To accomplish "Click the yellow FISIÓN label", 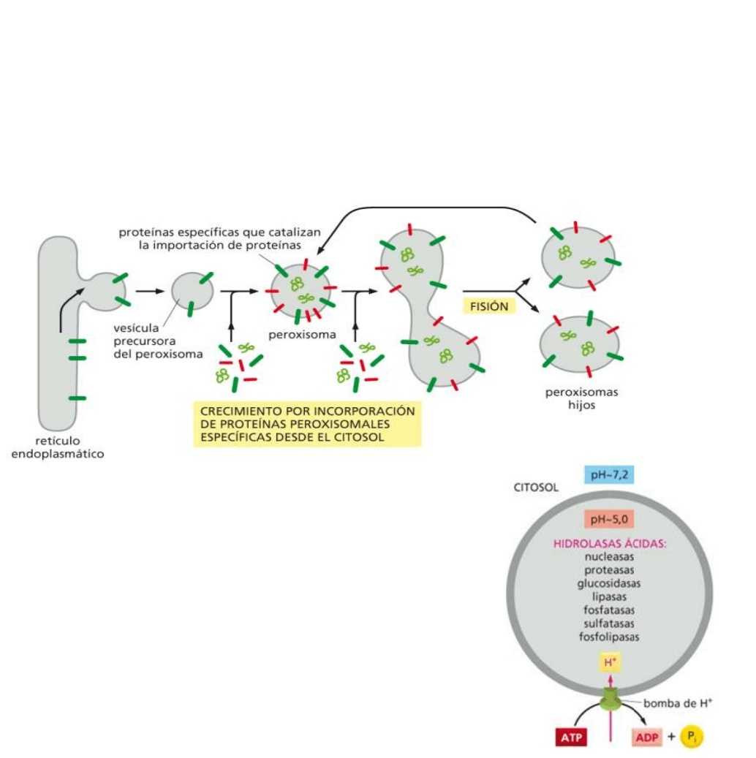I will click(x=489, y=306).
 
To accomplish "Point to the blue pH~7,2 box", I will click(x=608, y=475).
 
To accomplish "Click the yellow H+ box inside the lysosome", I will click(x=609, y=662).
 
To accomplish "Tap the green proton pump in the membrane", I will click(x=609, y=700).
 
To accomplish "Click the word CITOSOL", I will click(x=536, y=488).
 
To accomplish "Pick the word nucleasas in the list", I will click(x=609, y=557).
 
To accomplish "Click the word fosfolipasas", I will click(x=609, y=637).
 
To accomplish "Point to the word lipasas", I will click(x=609, y=596).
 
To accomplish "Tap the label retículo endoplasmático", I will click(x=58, y=447).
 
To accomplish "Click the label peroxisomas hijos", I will click(x=581, y=398).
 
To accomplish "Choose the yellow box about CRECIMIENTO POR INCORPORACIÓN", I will click(x=307, y=424).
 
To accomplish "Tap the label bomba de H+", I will click(x=678, y=704).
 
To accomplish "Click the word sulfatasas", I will click(x=609, y=624).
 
